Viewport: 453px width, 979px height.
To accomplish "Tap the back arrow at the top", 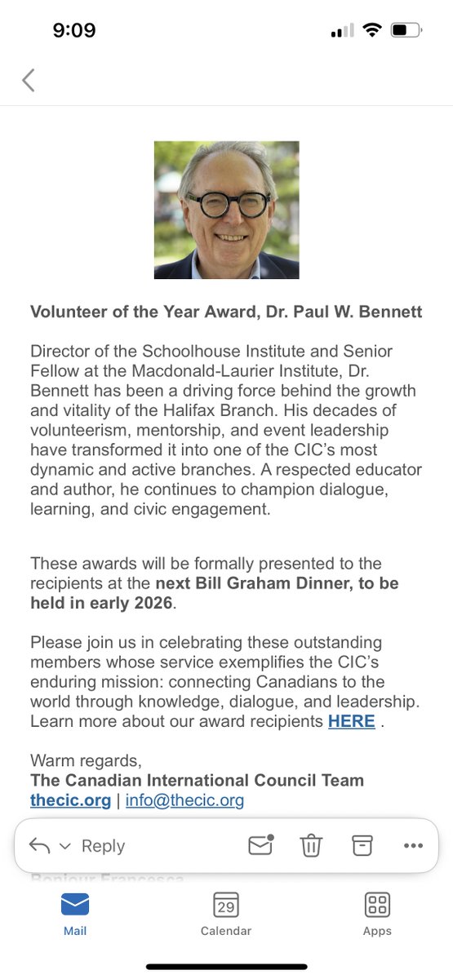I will tap(29, 80).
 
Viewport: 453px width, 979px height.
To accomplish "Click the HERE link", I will tap(351, 721).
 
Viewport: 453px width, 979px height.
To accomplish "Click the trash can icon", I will tap(311, 846).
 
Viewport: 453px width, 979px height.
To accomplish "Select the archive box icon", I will tap(362, 846).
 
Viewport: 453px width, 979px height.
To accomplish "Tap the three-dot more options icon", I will tap(413, 846).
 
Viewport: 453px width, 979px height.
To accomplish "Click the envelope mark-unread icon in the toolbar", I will tap(260, 845).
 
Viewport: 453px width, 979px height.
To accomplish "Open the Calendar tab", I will tap(226, 913).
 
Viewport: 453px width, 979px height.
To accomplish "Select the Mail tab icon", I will tap(75, 905).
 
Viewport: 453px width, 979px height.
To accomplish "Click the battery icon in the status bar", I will tap(406, 31).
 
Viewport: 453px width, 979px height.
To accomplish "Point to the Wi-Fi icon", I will tap(372, 31).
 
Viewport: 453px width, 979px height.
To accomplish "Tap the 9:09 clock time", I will tap(73, 31).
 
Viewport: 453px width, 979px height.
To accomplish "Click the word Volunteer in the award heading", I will tap(64, 312).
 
